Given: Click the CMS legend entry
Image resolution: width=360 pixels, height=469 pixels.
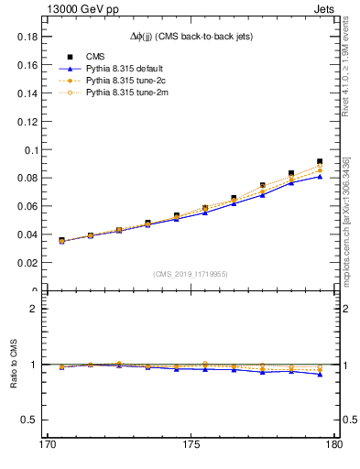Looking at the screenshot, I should tap(96, 56).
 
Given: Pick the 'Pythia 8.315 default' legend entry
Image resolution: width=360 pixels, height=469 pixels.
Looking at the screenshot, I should tap(127, 69).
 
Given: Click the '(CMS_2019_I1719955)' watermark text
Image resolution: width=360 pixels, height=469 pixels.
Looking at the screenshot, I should tap(191, 273).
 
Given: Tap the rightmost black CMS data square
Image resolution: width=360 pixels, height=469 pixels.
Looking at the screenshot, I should tap(320, 161).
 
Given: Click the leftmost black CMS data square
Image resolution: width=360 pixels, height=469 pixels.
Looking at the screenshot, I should tap(61, 240).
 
